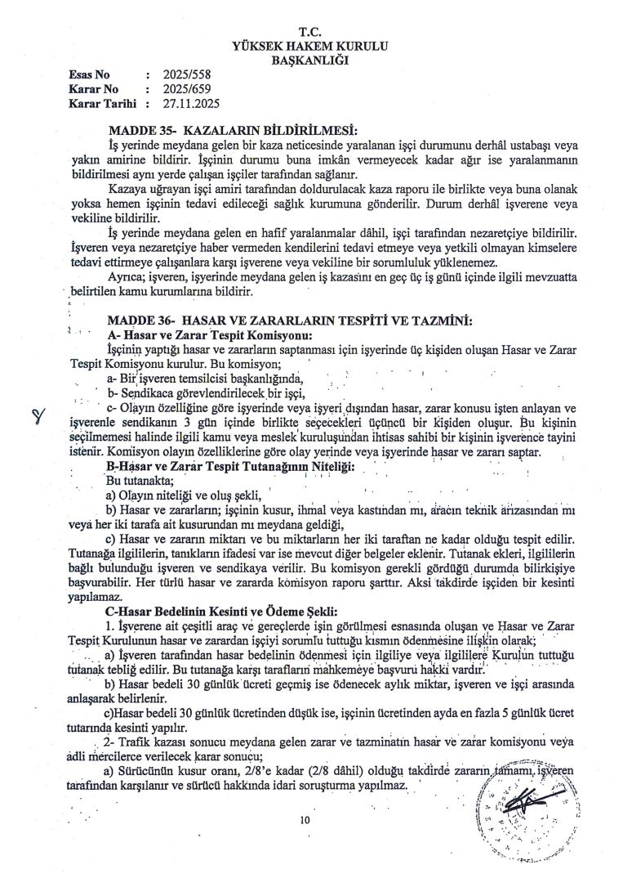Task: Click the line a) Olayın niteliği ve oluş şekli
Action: [184, 495]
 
